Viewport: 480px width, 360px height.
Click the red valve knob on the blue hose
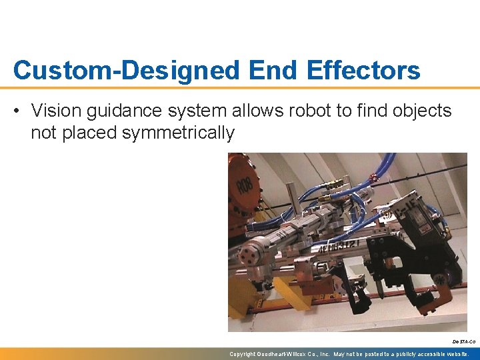click(x=375, y=177)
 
